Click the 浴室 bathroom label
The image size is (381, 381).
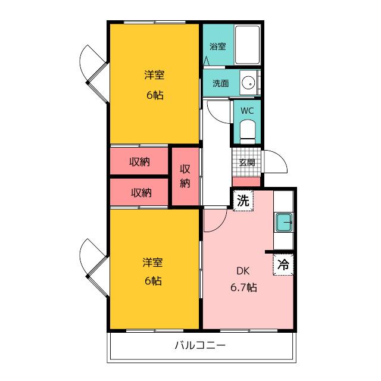[218, 46]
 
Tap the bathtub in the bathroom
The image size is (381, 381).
[248, 45]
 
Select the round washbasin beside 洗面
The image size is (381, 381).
[248, 83]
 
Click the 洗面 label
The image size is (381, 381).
[221, 83]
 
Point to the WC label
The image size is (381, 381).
[247, 111]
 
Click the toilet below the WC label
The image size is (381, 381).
[248, 132]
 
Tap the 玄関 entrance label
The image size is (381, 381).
[247, 163]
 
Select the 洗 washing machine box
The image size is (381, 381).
[243, 201]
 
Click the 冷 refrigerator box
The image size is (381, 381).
[283, 264]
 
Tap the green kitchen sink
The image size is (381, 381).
[283, 222]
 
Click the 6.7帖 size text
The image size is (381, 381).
[243, 288]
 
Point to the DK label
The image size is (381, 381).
[243, 271]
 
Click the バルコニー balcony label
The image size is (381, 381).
[200, 345]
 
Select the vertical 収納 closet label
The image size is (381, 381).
[185, 176]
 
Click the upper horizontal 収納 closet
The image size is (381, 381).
[139, 161]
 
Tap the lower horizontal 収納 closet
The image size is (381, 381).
[139, 193]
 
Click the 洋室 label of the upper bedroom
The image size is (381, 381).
[154, 75]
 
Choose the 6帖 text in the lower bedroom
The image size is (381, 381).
[153, 281]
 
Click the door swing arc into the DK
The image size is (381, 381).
[220, 226]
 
